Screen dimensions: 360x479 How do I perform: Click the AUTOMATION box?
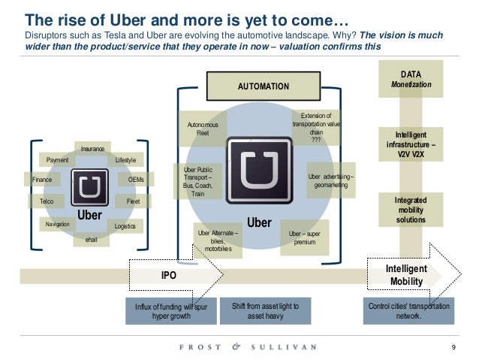[263, 86]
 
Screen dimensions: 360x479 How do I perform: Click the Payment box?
[58, 160]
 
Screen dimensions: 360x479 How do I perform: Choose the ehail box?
[91, 239]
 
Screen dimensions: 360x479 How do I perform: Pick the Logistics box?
[125, 225]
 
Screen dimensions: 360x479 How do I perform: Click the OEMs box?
[136, 180]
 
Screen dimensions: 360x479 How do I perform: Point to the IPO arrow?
[170, 276]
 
